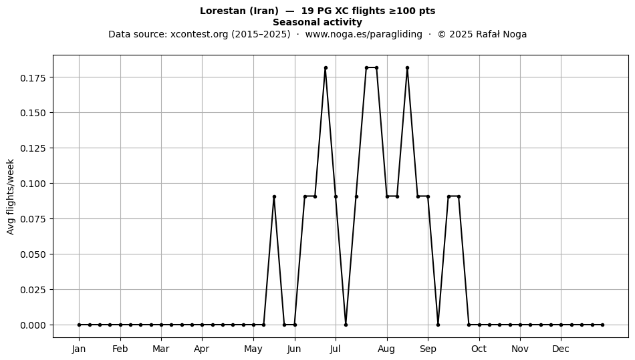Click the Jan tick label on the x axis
[79, 349]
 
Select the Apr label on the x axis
[202, 349]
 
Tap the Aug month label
[386, 349]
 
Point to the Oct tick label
[479, 349]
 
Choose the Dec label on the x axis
[561, 349]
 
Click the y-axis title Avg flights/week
[11, 196]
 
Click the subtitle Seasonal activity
[317, 22]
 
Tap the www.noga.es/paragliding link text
[364, 34]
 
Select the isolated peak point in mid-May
[274, 196]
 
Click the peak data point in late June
[326, 68]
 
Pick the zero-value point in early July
[346, 325]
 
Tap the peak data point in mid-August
[408, 68]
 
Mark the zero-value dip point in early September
[438, 325]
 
